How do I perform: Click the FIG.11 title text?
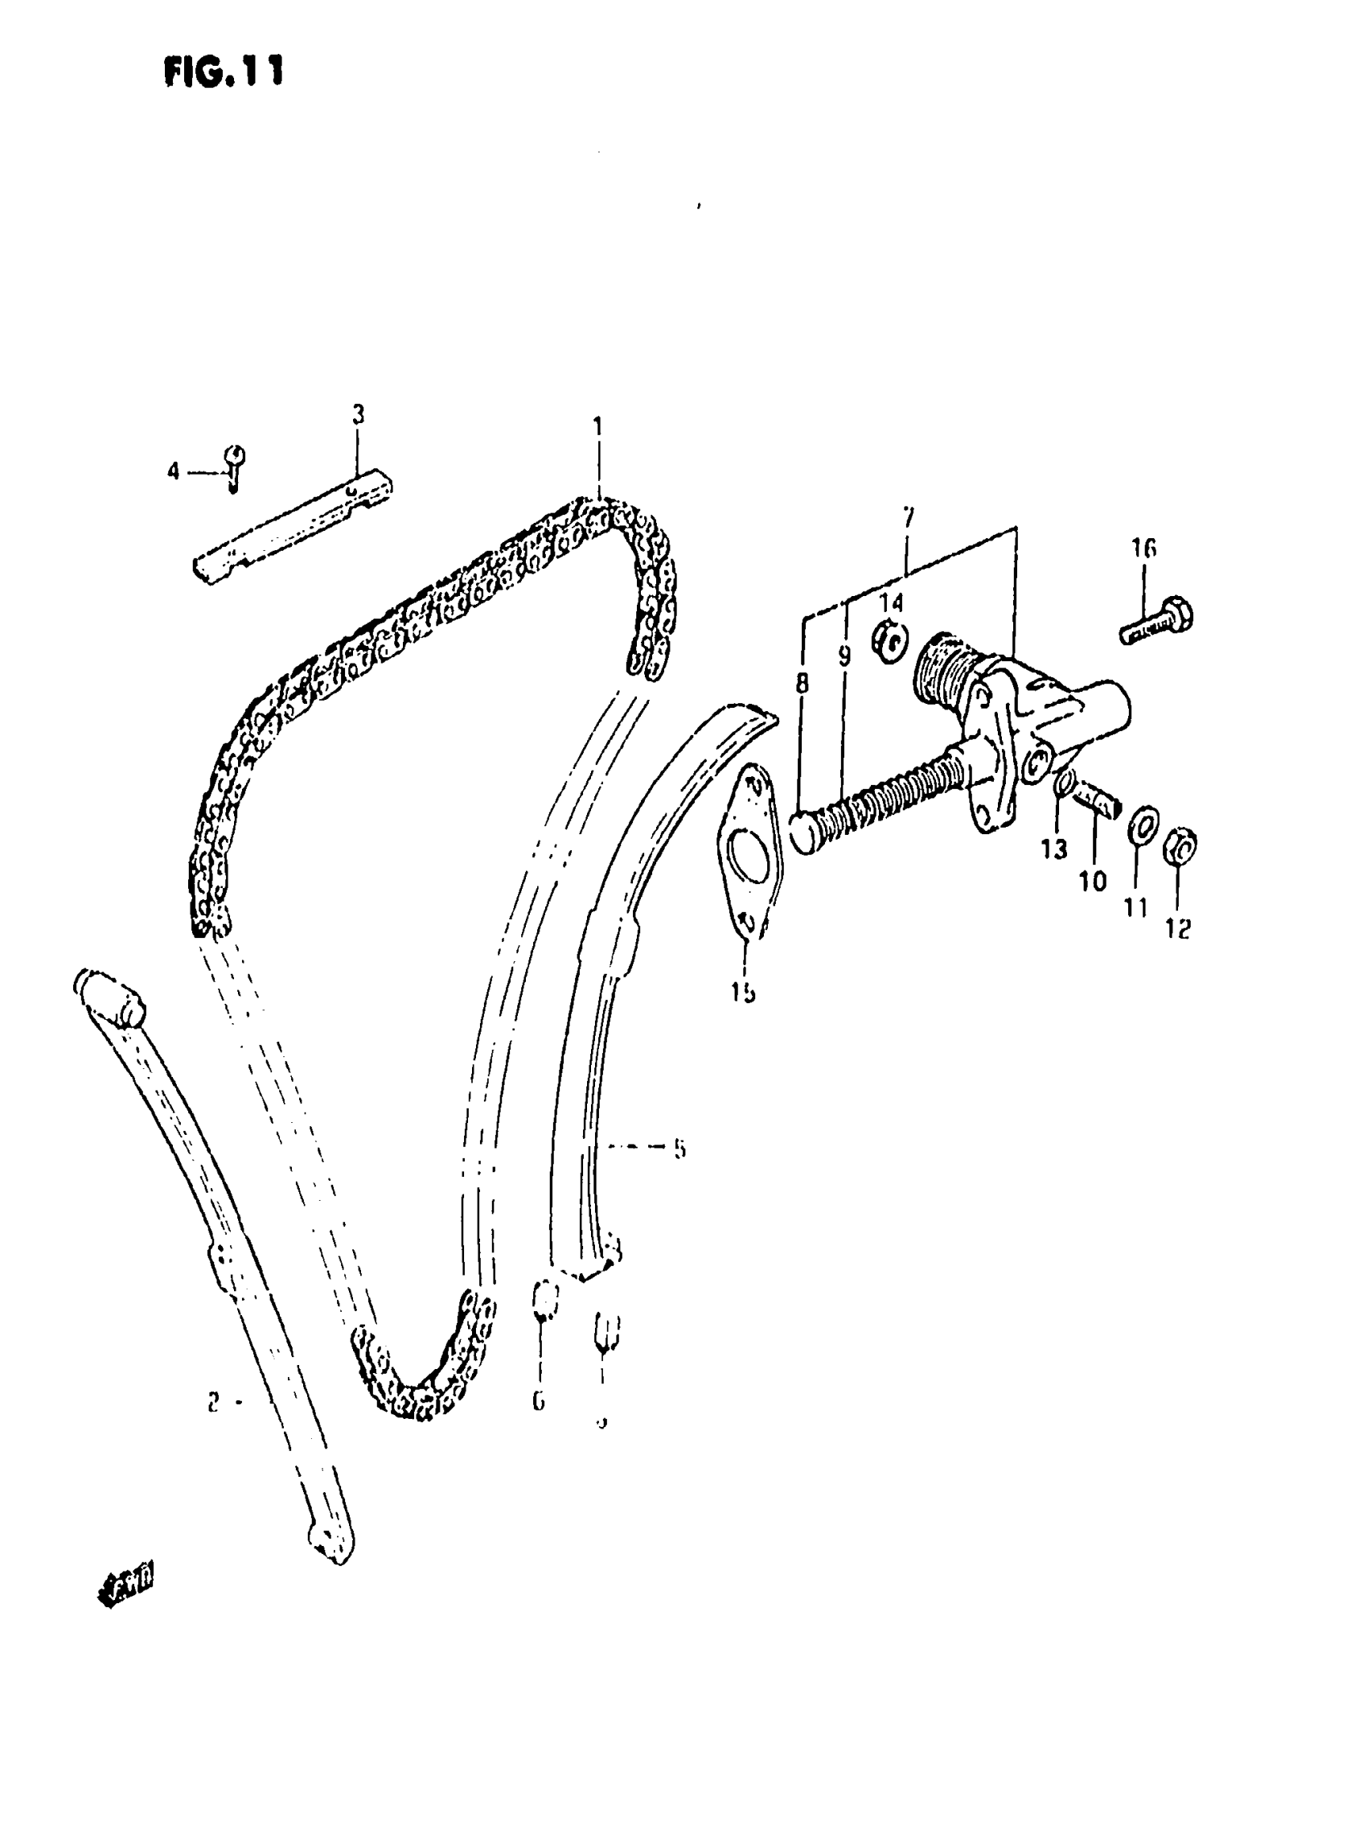224,72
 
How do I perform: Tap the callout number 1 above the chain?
597,428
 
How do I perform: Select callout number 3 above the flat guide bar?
358,415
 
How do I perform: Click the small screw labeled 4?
235,466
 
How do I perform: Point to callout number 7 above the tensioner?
909,519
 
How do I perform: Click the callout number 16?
1143,548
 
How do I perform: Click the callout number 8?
802,684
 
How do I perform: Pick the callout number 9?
844,657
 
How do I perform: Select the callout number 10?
1092,882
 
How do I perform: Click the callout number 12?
1178,929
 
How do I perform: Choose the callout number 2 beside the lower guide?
213,1402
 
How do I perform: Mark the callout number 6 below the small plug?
539,1400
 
